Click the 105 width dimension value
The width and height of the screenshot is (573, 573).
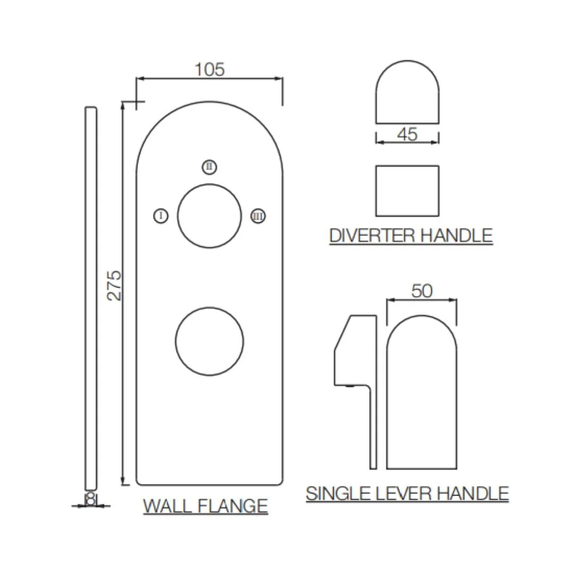click(210, 70)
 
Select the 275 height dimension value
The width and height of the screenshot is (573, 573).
click(115, 285)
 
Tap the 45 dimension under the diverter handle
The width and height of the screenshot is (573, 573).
click(407, 134)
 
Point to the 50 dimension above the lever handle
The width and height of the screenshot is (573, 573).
click(422, 291)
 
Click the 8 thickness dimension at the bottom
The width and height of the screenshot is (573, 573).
click(91, 499)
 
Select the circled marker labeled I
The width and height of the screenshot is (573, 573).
click(161, 216)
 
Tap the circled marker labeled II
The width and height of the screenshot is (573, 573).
click(210, 167)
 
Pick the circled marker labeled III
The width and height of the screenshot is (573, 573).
click(258, 216)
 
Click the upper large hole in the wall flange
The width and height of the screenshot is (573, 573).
click(210, 216)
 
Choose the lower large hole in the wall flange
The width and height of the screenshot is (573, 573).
click(210, 341)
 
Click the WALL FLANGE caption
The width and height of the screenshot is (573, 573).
click(205, 506)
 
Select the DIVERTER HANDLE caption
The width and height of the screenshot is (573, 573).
click(411, 236)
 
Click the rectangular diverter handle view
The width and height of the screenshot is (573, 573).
click(407, 191)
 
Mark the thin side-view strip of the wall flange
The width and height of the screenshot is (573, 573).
click(91, 297)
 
